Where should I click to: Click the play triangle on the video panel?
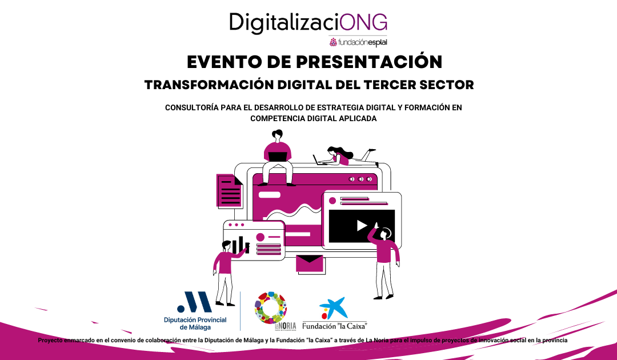click(362, 226)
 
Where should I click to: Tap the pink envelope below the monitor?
click(310, 263)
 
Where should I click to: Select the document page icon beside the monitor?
click(229, 191)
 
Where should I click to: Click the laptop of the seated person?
click(278, 156)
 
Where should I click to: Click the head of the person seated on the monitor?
click(277, 135)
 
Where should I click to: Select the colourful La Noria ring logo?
click(271, 309)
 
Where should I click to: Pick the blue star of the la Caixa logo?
click(334, 307)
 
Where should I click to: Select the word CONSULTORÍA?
click(193, 107)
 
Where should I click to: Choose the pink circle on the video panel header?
click(331, 201)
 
